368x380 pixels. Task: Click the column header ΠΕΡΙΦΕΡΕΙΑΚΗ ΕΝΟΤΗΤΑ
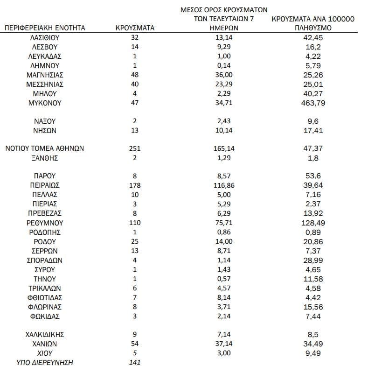(x=45, y=28)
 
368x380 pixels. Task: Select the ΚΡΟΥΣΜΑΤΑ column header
(x=134, y=28)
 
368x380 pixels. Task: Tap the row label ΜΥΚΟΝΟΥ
(x=45, y=103)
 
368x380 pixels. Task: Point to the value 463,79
(x=313, y=103)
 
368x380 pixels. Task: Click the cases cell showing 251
(x=134, y=148)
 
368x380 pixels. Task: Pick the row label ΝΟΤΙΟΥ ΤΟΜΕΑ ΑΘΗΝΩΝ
(x=45, y=148)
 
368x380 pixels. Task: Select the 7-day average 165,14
(x=224, y=148)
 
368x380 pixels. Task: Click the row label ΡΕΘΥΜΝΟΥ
(x=45, y=223)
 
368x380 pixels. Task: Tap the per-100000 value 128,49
(x=313, y=223)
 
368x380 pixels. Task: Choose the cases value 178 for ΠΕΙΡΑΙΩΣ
(x=134, y=185)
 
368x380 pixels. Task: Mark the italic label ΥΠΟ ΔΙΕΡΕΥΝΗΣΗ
(x=45, y=362)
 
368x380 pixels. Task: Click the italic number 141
(x=134, y=362)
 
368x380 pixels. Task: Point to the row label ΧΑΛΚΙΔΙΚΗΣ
(x=45, y=334)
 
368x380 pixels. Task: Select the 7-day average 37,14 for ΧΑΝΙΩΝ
(x=224, y=344)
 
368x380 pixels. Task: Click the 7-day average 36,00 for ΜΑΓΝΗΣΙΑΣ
(x=224, y=75)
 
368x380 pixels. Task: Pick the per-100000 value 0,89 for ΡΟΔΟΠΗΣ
(x=313, y=232)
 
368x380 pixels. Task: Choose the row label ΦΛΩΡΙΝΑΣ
(x=45, y=307)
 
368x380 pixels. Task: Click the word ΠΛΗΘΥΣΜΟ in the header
(x=313, y=28)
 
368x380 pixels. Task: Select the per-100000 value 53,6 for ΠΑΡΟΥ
(x=313, y=176)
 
